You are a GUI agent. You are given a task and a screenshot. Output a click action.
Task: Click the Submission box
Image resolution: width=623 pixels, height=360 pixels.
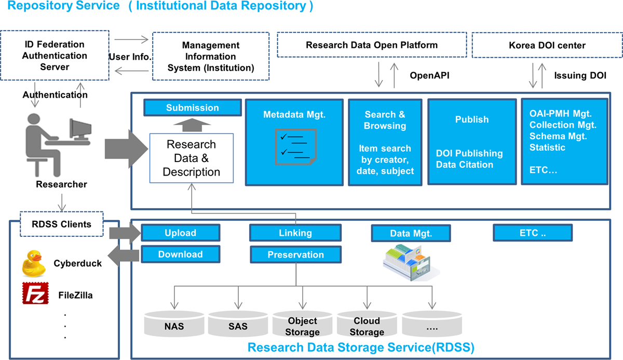coord(192,108)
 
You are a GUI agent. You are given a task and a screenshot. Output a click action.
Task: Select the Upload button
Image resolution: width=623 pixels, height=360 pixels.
coord(180,233)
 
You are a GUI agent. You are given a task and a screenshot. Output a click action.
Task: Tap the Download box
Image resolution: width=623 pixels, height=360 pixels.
coord(180,255)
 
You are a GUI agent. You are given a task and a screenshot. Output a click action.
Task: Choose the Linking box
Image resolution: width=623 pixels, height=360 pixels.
coord(295,233)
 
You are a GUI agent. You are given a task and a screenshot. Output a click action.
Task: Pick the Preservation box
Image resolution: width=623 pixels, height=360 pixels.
coord(295,255)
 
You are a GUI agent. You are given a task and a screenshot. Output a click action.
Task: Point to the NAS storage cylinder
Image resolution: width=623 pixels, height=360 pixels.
coord(174,325)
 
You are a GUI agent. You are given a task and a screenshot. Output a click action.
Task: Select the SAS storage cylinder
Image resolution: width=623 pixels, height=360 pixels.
coord(238,325)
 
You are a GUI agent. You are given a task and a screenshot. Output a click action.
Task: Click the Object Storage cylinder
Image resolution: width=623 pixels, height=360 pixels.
coord(303,325)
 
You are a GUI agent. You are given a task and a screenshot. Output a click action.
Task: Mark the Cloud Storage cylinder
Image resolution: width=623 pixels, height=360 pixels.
coord(367,325)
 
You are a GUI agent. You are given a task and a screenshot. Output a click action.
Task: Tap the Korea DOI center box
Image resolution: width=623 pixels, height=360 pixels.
coord(547,45)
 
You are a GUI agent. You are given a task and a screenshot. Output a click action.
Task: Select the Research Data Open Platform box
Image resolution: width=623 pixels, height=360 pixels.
coord(371,45)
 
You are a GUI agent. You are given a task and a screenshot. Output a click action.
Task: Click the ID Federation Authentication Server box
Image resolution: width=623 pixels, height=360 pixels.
coord(55,56)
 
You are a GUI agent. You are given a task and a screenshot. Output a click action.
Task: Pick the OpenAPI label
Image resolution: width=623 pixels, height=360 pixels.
coord(429,75)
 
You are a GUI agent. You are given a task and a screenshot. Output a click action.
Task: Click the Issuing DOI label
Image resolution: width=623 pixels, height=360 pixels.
coord(580,75)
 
